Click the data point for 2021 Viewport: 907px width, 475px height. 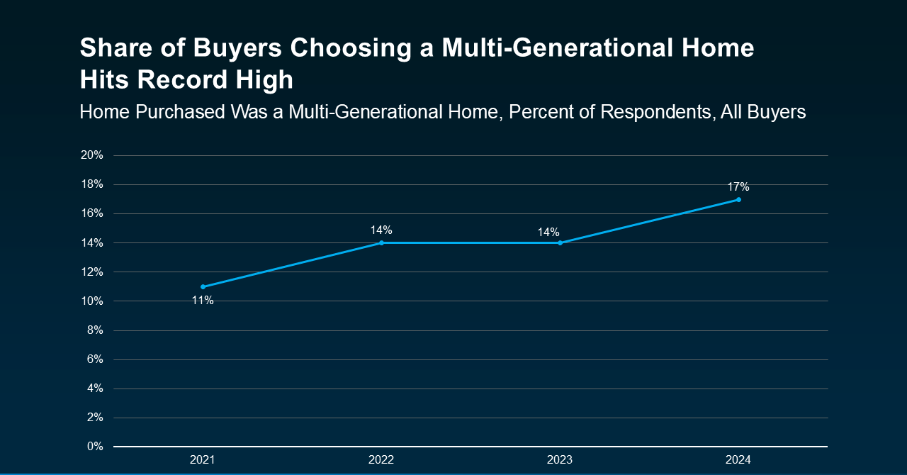point(203,286)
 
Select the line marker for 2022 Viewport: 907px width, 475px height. point(381,242)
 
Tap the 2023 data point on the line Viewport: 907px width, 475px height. point(560,242)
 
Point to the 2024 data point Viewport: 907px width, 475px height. point(738,199)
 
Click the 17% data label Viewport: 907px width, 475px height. point(738,187)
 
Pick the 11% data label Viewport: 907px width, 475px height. point(203,301)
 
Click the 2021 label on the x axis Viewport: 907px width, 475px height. point(203,460)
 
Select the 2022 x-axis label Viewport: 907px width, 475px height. point(381,460)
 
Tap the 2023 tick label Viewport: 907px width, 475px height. point(560,460)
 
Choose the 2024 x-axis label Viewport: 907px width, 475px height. point(738,460)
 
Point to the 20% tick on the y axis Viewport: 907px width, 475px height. point(92,155)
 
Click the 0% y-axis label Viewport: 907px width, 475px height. point(95,447)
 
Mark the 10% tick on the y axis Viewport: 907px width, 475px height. point(92,301)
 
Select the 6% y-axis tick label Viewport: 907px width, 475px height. point(95,359)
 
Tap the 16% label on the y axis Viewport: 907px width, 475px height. point(92,213)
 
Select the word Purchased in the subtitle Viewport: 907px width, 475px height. point(181,112)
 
